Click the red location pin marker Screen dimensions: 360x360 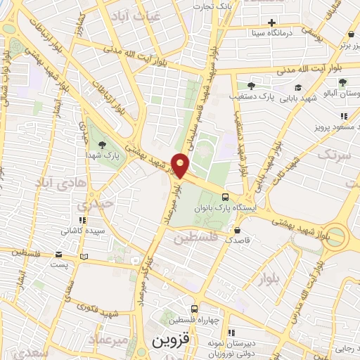tap(181, 166)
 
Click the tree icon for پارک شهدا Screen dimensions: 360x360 tap(103, 144)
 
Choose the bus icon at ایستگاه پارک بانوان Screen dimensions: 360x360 tap(225, 198)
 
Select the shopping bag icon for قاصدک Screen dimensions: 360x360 tap(237, 229)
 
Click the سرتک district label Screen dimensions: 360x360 tap(334, 155)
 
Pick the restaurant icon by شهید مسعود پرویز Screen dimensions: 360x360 tap(343, 117)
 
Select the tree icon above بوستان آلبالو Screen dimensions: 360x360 tap(343, 82)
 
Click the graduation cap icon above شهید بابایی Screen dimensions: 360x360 tap(299, 88)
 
